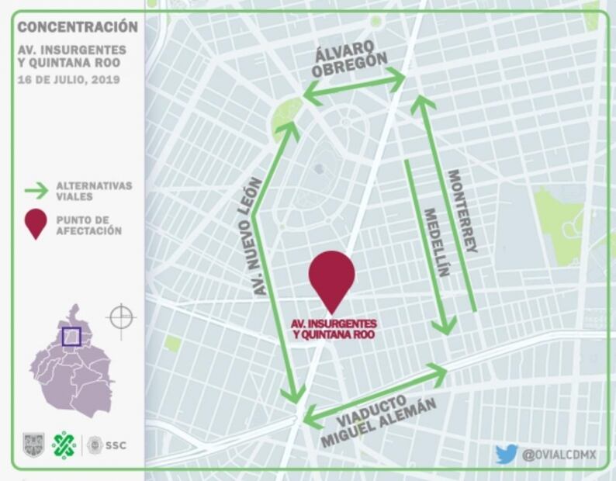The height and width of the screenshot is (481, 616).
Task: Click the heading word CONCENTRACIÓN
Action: pyautogui.click(x=78, y=27)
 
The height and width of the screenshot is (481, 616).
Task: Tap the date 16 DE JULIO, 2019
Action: pyautogui.click(x=69, y=79)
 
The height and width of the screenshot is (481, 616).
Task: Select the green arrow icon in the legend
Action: pyautogui.click(x=36, y=191)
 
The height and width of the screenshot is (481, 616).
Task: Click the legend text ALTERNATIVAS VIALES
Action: pyautogui.click(x=93, y=192)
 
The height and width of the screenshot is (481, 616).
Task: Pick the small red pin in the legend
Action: pyautogui.click(x=36, y=223)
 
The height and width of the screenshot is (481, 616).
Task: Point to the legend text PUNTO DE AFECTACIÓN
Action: pyautogui.click(x=88, y=225)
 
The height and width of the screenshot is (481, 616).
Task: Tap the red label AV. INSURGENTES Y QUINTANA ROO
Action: pyautogui.click(x=334, y=328)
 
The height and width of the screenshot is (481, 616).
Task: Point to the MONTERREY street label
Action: pyautogui.click(x=462, y=211)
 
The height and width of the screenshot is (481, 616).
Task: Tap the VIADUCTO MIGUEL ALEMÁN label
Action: pyautogui.click(x=378, y=419)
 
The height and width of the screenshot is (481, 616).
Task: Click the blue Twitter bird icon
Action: pyautogui.click(x=506, y=454)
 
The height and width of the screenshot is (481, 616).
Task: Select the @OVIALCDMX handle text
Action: pyautogui.click(x=559, y=455)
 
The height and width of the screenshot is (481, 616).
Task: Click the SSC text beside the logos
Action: pyautogui.click(x=116, y=445)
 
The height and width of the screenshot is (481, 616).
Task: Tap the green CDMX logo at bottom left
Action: pyautogui.click(x=64, y=445)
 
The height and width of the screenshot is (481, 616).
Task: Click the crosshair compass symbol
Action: pyautogui.click(x=121, y=317)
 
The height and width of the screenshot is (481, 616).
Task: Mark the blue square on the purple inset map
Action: pyautogui.click(x=71, y=336)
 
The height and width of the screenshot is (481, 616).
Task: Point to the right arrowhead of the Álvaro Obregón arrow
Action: pyautogui.click(x=400, y=78)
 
